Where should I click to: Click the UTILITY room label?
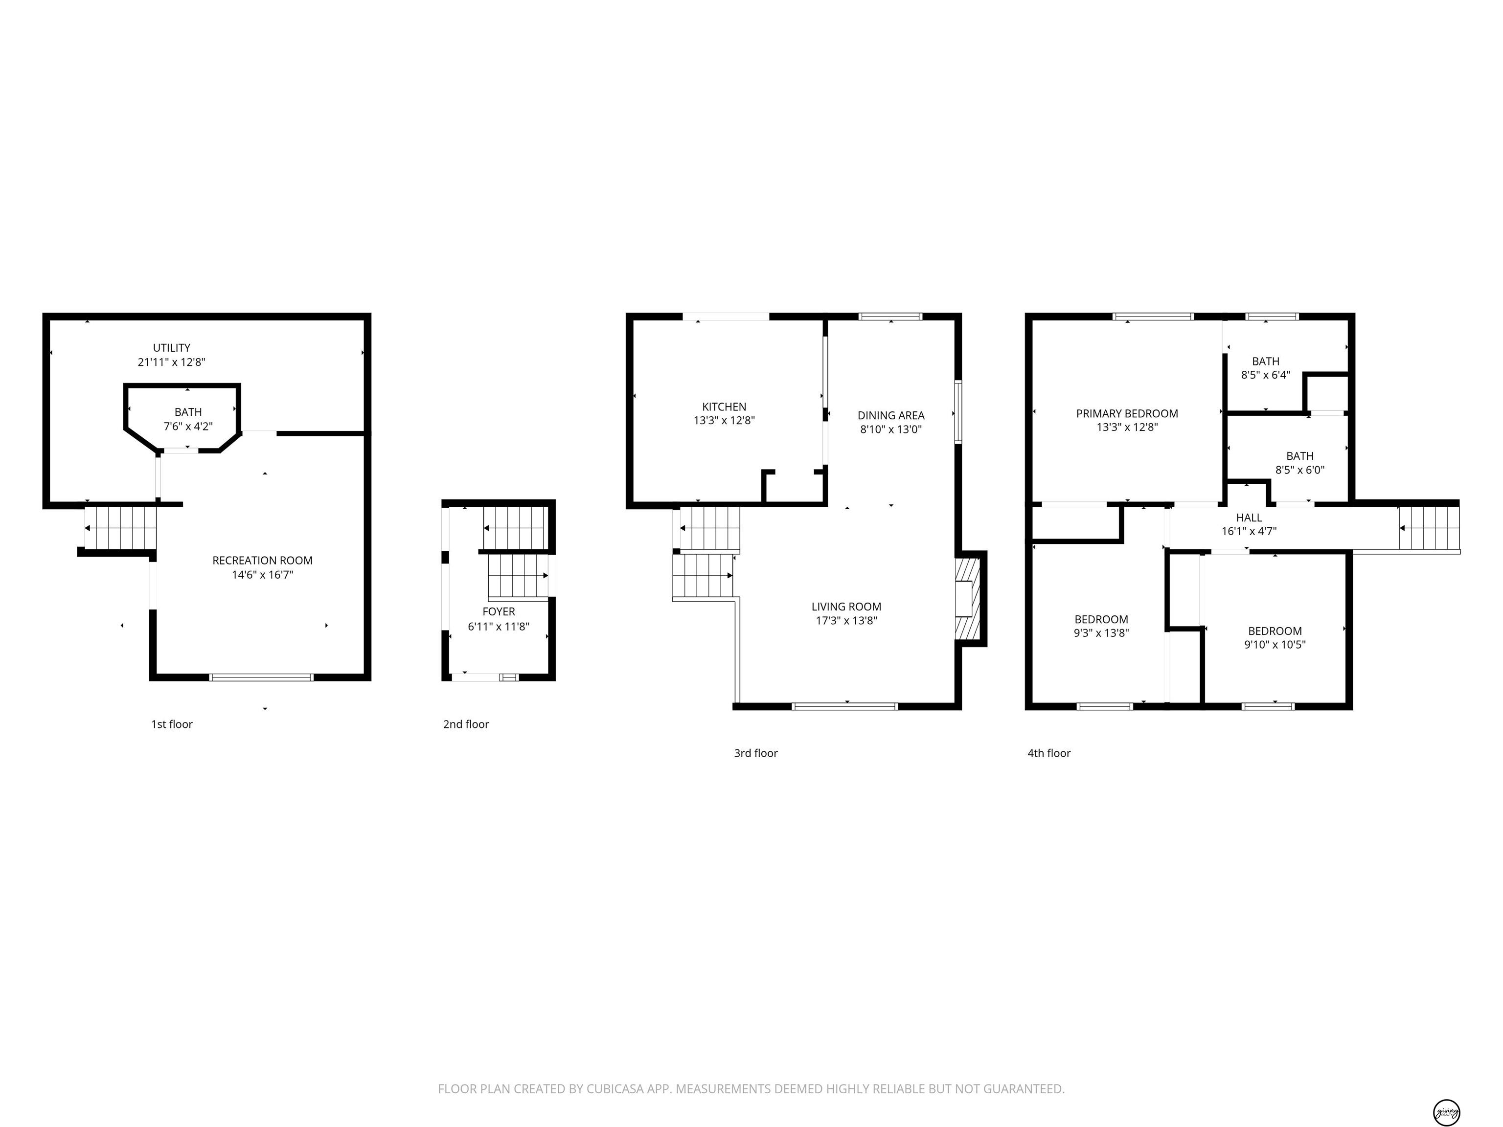click(171, 348)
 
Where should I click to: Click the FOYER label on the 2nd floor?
click(499, 611)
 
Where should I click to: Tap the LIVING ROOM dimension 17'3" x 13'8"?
click(846, 620)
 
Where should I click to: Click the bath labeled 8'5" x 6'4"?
click(1265, 367)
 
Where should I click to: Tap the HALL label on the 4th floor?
click(1249, 518)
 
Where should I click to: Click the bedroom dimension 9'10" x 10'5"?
click(1275, 645)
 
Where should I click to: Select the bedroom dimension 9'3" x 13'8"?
click(1101, 633)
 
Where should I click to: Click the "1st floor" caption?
click(172, 724)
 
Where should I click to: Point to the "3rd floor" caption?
click(755, 753)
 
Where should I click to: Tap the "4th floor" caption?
click(1048, 753)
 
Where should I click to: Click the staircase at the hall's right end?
click(1429, 528)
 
